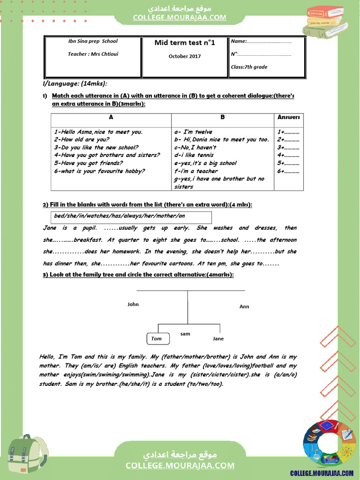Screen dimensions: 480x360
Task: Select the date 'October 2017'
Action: coord(185,56)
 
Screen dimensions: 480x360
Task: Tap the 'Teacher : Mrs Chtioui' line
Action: coord(93,54)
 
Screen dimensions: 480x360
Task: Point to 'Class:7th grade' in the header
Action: coord(249,67)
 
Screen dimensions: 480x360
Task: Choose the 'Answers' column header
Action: coord(288,117)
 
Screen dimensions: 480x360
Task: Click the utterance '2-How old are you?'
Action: coord(82,140)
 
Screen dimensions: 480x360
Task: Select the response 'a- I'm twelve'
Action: coord(193,132)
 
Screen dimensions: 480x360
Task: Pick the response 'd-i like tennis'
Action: coord(194,155)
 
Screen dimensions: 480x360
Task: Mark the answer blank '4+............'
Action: coord(288,155)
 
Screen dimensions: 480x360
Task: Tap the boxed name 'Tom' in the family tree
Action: coord(157,338)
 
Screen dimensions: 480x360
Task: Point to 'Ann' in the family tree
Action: coord(244,307)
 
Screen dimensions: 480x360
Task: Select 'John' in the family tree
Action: coord(133,304)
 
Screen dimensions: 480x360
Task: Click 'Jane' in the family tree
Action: coord(218,338)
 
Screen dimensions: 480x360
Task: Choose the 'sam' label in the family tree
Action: coord(185,334)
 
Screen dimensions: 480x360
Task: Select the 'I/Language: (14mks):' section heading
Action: coord(75,83)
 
